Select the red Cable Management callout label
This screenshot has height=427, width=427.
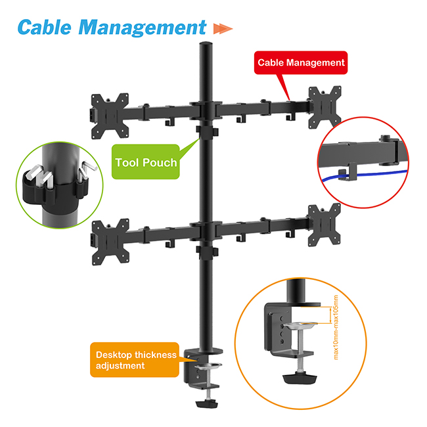point(300,63)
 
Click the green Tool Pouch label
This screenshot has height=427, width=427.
point(146,162)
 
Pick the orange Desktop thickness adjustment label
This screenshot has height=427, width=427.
point(136,359)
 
